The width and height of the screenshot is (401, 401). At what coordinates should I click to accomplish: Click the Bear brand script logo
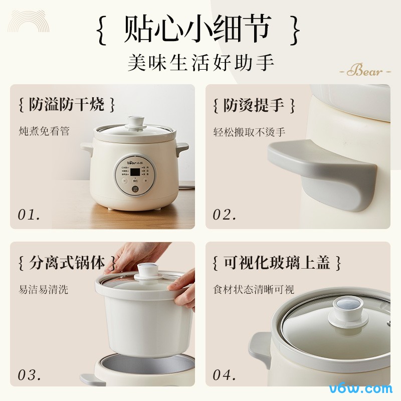[x=364, y=71]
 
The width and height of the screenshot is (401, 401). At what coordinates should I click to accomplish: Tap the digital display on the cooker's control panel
[x=136, y=173]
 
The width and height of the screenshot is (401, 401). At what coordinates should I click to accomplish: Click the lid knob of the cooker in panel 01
[x=134, y=122]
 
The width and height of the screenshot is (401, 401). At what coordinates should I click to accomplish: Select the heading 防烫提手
[x=254, y=105]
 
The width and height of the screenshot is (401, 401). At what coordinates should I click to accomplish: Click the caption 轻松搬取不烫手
[x=249, y=132]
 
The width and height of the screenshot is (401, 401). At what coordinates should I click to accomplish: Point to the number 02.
[x=224, y=215]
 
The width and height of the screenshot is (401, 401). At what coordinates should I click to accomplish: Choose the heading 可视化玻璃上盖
[x=277, y=262]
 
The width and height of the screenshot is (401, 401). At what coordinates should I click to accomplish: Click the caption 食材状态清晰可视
[x=254, y=289]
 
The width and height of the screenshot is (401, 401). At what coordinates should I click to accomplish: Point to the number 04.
[x=224, y=374]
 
